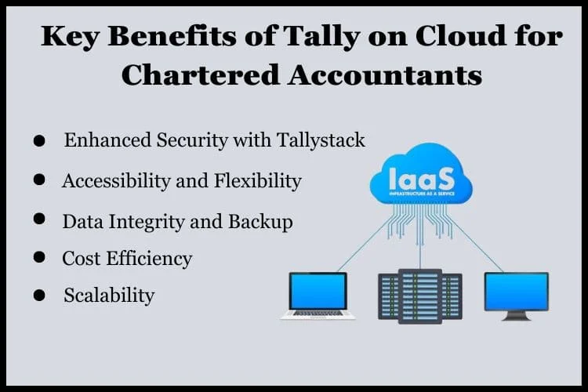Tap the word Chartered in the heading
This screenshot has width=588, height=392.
coord(200,75)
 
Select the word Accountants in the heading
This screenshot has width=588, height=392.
coord(385,75)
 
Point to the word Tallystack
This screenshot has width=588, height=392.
coord(321,140)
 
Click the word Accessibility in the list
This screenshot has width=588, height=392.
coord(116,181)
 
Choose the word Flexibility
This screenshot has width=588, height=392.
coord(258,181)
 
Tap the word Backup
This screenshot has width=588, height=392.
coord(260,221)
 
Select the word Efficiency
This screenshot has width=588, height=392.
coord(149,259)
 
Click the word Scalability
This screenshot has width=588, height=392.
coord(109,296)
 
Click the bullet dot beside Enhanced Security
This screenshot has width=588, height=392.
coord(39,140)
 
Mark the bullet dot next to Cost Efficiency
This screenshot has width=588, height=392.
coord(39,257)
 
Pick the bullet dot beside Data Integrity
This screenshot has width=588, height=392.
coord(39,218)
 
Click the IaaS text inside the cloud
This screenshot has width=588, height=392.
coord(422,179)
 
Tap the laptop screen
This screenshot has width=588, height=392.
coord(318,291)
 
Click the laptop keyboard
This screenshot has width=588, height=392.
coord(318,313)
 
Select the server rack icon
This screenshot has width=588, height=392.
coord(420,296)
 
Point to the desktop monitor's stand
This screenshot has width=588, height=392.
coord(517,316)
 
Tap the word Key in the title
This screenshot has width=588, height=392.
coord(70,38)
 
